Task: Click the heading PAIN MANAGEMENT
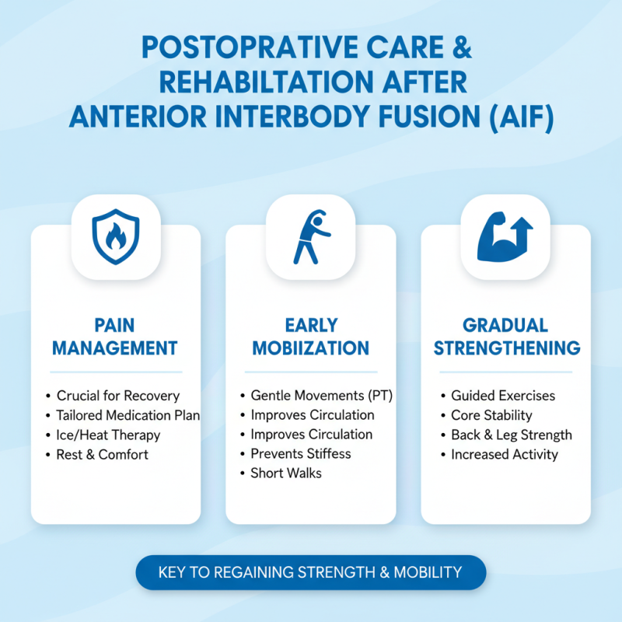pos(115,336)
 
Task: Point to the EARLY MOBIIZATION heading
pos(310,336)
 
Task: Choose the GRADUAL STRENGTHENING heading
pos(506,336)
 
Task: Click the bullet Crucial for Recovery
pos(117,396)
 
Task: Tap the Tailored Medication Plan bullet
pos(128,415)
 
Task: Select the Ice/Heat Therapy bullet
pos(108,435)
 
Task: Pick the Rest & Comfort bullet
pos(102,454)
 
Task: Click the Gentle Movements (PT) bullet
pos(321,396)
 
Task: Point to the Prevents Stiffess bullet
pos(300,453)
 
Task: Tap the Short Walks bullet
pos(285,473)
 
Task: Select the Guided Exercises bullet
pos(503,396)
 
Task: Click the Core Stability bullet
pos(491,415)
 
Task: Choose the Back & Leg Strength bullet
pos(511,435)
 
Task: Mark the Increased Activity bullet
pos(504,454)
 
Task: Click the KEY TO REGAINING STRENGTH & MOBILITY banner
pos(310,572)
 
